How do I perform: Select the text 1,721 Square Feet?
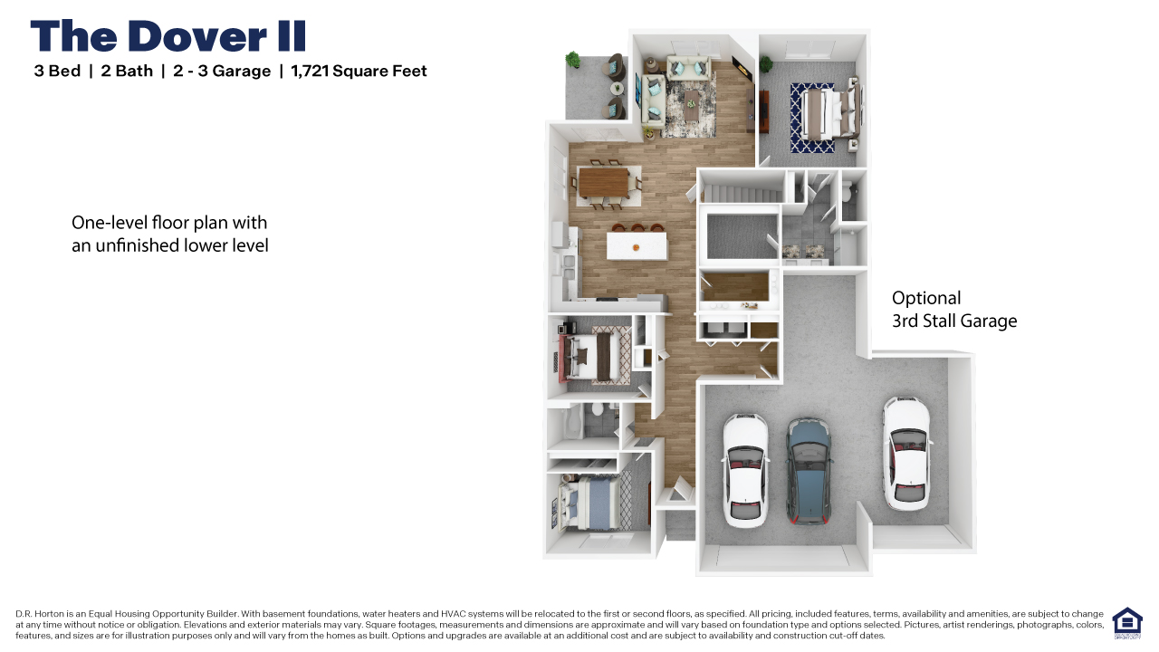(359, 72)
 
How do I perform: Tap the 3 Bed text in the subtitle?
(57, 72)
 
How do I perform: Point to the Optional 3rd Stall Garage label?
(953, 310)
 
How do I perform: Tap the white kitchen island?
(637, 245)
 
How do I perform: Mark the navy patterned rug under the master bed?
(812, 118)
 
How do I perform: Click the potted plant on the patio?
(572, 61)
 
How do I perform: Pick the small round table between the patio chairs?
(618, 89)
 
